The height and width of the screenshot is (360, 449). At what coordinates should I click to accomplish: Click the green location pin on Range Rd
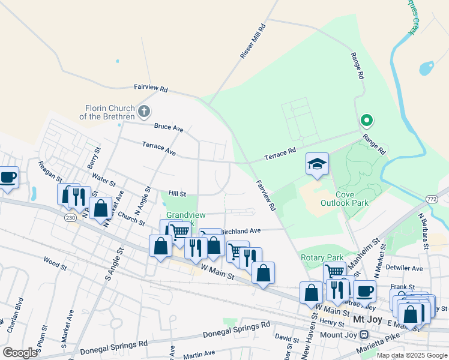click(x=366, y=121)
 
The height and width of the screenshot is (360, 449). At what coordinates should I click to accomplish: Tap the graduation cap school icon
click(x=317, y=164)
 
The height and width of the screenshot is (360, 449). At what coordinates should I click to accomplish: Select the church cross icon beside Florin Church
click(x=143, y=111)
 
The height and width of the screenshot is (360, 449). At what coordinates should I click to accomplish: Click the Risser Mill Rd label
click(x=252, y=41)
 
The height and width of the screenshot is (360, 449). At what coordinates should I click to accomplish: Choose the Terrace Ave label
click(x=158, y=149)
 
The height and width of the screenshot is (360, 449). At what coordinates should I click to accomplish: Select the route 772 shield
click(x=431, y=199)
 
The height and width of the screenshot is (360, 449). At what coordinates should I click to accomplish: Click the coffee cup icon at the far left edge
click(x=8, y=178)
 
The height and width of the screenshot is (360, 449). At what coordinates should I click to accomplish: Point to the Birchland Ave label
click(x=241, y=230)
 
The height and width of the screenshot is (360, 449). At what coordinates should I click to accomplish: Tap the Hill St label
click(x=177, y=194)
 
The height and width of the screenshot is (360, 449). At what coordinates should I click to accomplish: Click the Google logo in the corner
click(x=19, y=353)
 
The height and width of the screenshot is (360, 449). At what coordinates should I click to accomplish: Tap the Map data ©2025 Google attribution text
click(x=411, y=355)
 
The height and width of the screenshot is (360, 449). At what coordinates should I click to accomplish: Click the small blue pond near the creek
click(x=426, y=68)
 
